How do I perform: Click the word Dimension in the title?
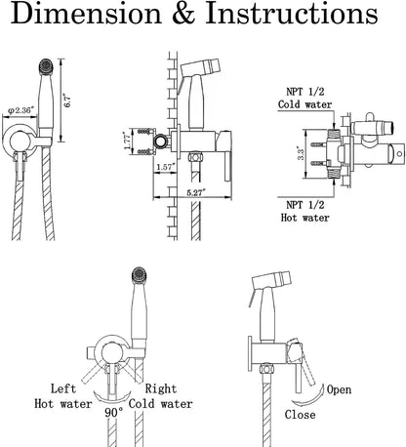point(86,14)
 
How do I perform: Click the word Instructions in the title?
point(292,14)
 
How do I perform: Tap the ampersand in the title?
point(183,14)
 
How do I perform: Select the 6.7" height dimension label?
point(67,101)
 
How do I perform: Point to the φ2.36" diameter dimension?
point(20,110)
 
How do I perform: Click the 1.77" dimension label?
point(127,141)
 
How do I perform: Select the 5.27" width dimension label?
point(195,192)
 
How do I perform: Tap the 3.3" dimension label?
point(301,153)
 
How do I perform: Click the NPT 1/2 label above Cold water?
point(305,92)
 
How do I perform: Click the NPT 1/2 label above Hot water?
point(305,205)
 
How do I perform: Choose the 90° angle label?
point(114,413)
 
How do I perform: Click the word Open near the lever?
point(339,389)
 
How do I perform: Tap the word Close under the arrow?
point(300,415)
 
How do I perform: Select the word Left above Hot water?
point(63,388)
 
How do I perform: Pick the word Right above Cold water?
point(161,388)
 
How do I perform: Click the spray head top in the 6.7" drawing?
point(46,67)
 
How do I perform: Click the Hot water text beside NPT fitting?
point(305,218)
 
